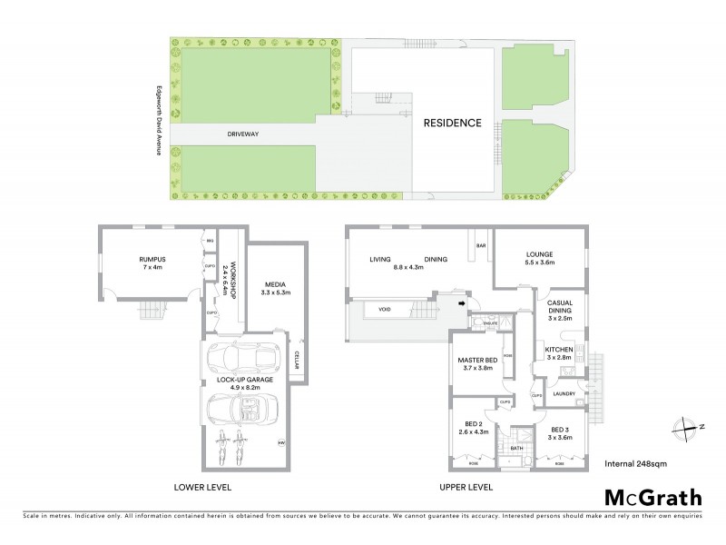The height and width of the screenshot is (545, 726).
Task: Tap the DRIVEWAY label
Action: point(243,134)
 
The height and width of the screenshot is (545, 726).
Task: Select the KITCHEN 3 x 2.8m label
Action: point(556,353)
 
